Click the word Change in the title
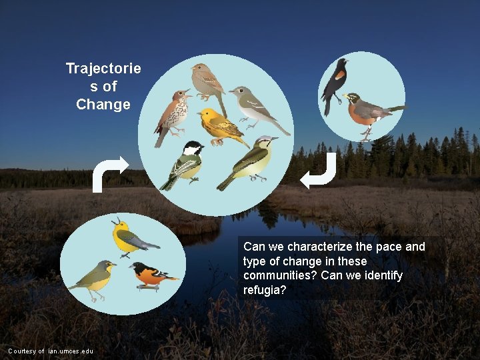pos(103,105)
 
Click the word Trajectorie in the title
pos(103,69)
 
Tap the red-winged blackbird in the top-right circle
pos(334,85)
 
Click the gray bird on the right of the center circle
pos(257,107)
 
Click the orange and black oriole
pos(150,275)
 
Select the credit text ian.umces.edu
pos(70,351)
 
